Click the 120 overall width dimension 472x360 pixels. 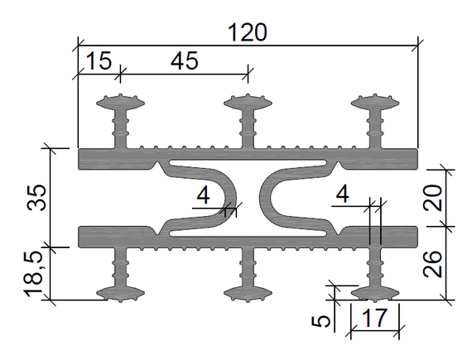pyautogui.click(x=248, y=32)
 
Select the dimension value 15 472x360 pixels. pyautogui.click(x=99, y=60)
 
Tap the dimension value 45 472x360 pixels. pyautogui.click(x=185, y=60)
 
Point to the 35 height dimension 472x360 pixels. pyautogui.click(x=36, y=198)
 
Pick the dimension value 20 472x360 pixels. pyautogui.click(x=433, y=198)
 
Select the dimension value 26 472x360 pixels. pyautogui.click(x=433, y=264)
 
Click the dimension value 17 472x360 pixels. pyautogui.click(x=375, y=318)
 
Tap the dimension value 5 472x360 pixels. pyautogui.click(x=321, y=321)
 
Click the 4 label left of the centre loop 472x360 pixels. pyautogui.click(x=203, y=195)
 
